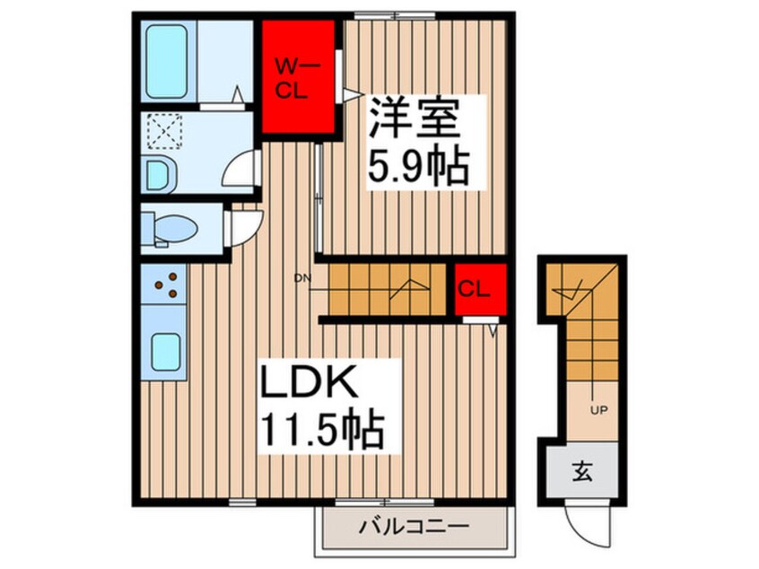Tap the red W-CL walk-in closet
[296, 75]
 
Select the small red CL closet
[475, 289]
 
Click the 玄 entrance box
[582, 469]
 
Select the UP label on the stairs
[597, 413]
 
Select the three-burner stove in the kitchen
[163, 285]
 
